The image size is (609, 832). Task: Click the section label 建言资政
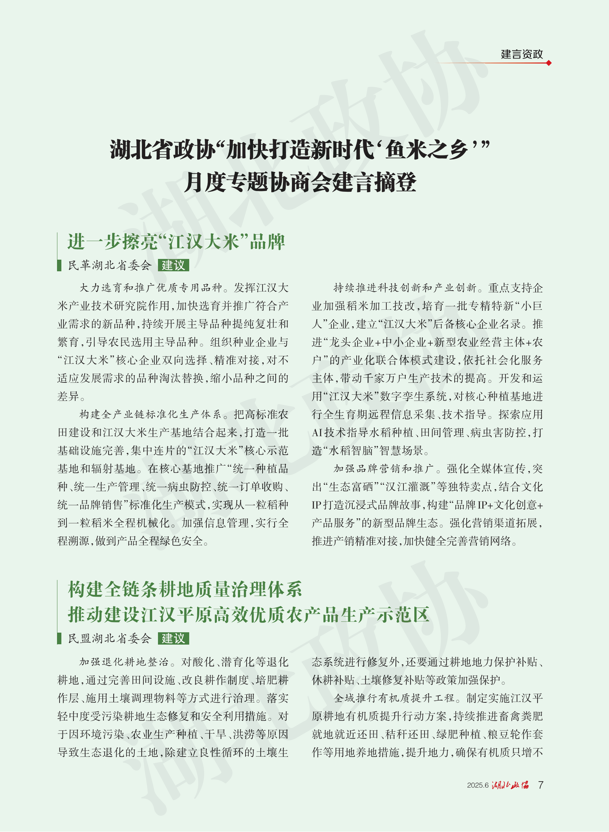[x=521, y=54]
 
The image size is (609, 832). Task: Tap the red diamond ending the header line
[x=549, y=63]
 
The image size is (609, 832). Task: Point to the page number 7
[x=540, y=785]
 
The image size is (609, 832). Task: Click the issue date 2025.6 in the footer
[x=478, y=785]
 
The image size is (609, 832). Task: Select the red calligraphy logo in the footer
[x=510, y=785]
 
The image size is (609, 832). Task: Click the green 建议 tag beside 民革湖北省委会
[x=173, y=265]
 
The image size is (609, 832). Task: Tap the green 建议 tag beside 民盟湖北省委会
[x=173, y=638]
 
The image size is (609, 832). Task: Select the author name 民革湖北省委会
[x=110, y=265]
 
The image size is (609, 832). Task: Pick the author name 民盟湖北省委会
[x=110, y=638]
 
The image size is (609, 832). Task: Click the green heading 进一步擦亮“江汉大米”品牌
[x=176, y=242]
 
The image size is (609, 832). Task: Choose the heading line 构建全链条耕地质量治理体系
[x=185, y=589]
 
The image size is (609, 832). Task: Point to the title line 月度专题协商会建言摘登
[x=300, y=182]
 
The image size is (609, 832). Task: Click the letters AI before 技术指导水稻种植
[x=317, y=433]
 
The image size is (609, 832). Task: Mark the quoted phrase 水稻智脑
[x=350, y=451]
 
